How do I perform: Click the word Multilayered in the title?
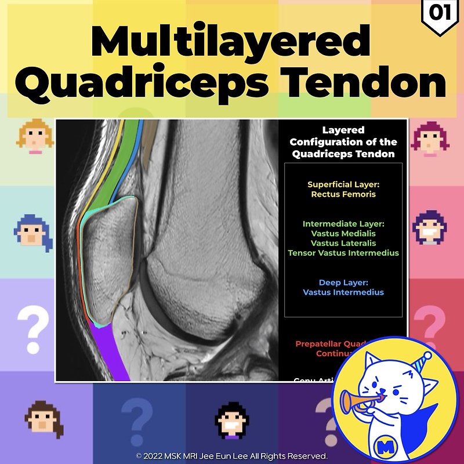click(x=231, y=42)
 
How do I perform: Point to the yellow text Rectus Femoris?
click(x=343, y=194)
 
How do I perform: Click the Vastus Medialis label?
click(x=343, y=233)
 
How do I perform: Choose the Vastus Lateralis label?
click(x=343, y=243)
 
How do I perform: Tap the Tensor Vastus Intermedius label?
click(x=343, y=253)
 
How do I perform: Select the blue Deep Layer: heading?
click(x=343, y=282)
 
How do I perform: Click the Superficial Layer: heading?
click(x=343, y=184)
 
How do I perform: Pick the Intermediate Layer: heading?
click(x=343, y=223)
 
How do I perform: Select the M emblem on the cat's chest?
click(x=381, y=447)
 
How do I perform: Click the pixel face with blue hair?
click(x=32, y=231)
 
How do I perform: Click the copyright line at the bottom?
click(x=232, y=456)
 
